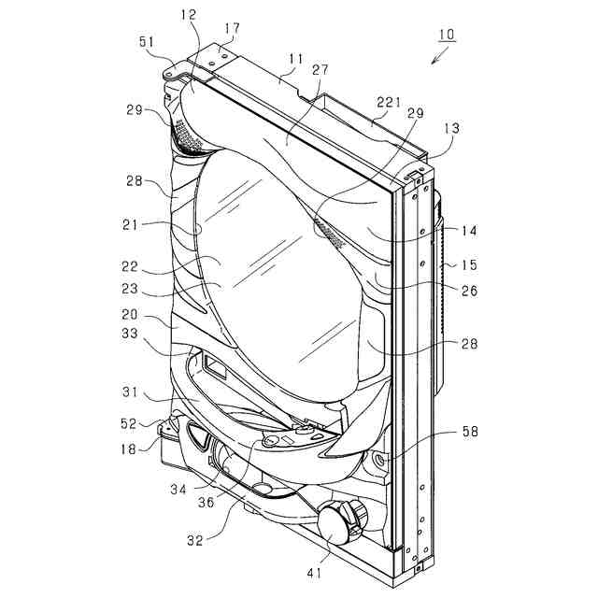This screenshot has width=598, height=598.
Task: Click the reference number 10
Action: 446,35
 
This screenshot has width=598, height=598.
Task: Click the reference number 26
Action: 468,291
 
